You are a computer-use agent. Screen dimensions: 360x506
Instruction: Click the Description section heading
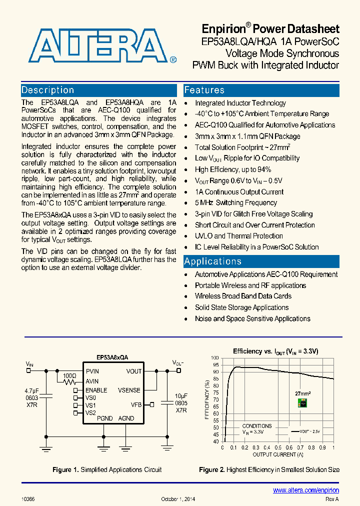(48, 90)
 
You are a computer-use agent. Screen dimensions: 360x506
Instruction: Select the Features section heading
(204, 90)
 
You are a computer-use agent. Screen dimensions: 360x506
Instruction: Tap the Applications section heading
(212, 261)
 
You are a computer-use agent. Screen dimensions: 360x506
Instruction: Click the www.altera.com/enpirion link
(306, 490)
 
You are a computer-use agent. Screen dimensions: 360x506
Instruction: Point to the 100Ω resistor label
(69, 375)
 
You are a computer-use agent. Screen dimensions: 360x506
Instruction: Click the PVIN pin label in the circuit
(92, 371)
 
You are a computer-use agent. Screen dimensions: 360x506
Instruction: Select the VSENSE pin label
(129, 390)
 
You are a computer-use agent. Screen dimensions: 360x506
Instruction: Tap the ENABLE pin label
(96, 390)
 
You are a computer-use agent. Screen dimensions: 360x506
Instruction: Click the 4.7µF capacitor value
(31, 390)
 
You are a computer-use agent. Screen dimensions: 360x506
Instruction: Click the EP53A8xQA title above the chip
(112, 357)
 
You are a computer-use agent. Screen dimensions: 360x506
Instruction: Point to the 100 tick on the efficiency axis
(214, 358)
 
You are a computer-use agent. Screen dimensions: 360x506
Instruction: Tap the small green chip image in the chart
(302, 403)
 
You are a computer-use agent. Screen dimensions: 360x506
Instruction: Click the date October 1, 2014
(178, 499)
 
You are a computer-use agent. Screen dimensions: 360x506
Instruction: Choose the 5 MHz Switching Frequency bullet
(236, 203)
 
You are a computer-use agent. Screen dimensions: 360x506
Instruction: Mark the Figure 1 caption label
(65, 469)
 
